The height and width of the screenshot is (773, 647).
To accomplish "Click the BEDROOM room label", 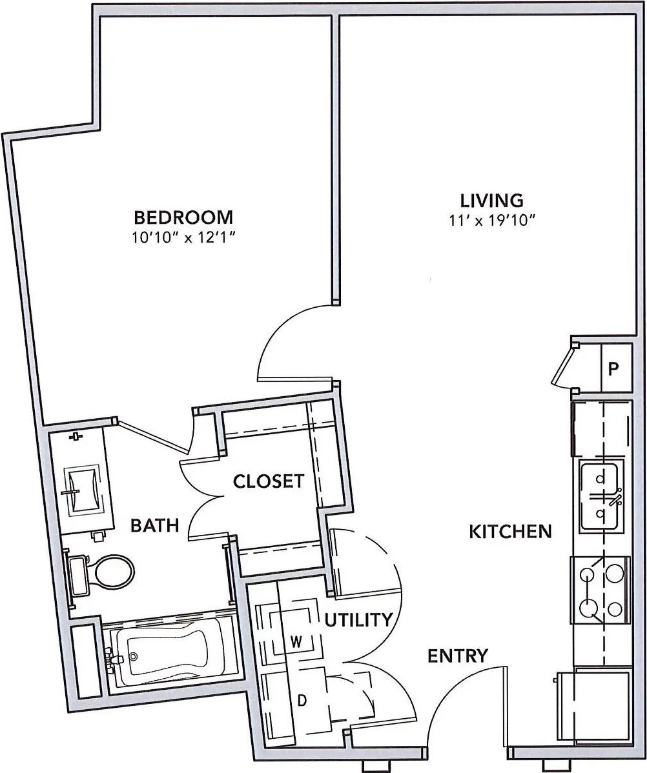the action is [x=183, y=217].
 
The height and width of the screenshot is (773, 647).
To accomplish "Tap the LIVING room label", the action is [x=491, y=201].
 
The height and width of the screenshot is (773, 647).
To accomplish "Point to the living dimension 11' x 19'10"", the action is [x=492, y=220].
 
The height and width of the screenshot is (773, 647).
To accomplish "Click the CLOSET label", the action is [x=269, y=481].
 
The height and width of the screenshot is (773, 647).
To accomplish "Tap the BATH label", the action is [x=154, y=525].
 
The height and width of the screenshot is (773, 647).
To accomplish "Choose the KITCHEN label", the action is [x=510, y=532].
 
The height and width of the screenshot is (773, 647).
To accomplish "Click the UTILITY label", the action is [x=359, y=619].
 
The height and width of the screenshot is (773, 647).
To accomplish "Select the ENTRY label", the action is [x=458, y=656].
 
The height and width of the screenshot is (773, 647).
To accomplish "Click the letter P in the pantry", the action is [x=613, y=368].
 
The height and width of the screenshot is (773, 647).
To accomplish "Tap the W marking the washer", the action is [x=296, y=642].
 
